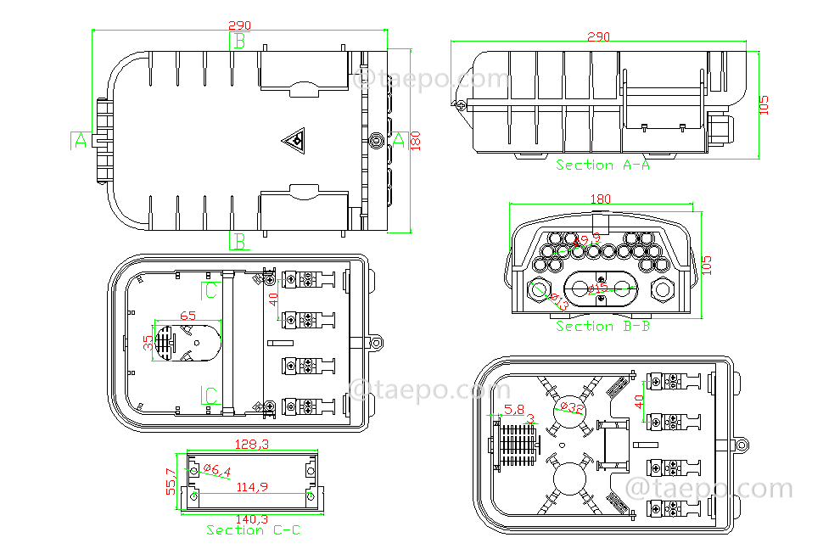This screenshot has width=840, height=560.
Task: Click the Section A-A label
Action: coord(602,165)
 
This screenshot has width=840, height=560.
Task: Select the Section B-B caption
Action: coord(602,326)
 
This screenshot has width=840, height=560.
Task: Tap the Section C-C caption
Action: coord(253,530)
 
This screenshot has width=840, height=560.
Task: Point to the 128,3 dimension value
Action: coord(251,444)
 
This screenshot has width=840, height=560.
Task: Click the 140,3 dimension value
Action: coord(251,519)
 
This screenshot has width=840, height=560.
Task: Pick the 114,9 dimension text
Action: coord(251,487)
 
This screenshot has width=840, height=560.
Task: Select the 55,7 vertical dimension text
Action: coord(171,481)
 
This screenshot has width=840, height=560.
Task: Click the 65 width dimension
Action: coord(188,316)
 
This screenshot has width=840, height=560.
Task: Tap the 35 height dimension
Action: coord(148,343)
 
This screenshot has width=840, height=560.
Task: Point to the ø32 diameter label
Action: coord(573,407)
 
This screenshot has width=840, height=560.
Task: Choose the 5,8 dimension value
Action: coord(514,410)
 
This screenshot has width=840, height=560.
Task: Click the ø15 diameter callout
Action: coord(599,288)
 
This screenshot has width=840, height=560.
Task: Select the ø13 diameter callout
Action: coord(559,300)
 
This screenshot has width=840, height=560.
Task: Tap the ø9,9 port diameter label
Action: coord(585,240)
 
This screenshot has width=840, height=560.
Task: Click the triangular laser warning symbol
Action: coord(294,140)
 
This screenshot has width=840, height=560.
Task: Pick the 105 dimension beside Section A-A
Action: coord(764,104)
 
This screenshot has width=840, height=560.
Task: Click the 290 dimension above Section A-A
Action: coord(599,36)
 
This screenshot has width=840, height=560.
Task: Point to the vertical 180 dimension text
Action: coord(415,140)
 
